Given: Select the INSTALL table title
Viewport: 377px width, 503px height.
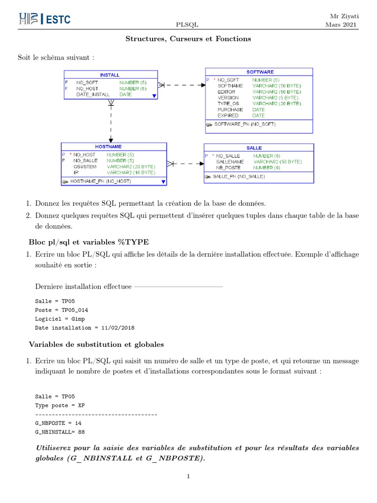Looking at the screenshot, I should point(110,75).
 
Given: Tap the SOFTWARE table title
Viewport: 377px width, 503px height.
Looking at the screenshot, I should point(260,72).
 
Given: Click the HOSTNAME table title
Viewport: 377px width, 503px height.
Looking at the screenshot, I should point(108,146).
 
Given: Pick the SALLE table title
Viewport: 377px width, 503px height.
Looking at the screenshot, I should point(254,147).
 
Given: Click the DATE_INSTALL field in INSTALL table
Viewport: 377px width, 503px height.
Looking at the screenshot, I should point(93,94).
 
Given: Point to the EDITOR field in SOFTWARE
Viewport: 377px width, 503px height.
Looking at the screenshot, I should point(226,92).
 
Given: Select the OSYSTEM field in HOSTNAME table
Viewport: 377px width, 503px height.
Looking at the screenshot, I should point(84,167).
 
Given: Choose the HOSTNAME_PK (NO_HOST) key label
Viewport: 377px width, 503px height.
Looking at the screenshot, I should point(100,181).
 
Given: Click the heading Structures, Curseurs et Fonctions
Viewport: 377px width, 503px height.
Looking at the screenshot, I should point(188,39).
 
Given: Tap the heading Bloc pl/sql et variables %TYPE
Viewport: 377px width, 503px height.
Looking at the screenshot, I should point(89,242).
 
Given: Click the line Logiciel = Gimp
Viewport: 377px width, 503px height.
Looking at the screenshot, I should point(60,319).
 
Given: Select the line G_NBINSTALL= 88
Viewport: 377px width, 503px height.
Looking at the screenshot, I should point(60,432).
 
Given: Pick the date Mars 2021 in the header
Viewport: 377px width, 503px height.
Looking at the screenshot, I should point(342,25).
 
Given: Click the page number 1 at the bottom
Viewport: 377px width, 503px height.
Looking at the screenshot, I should point(188,476).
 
